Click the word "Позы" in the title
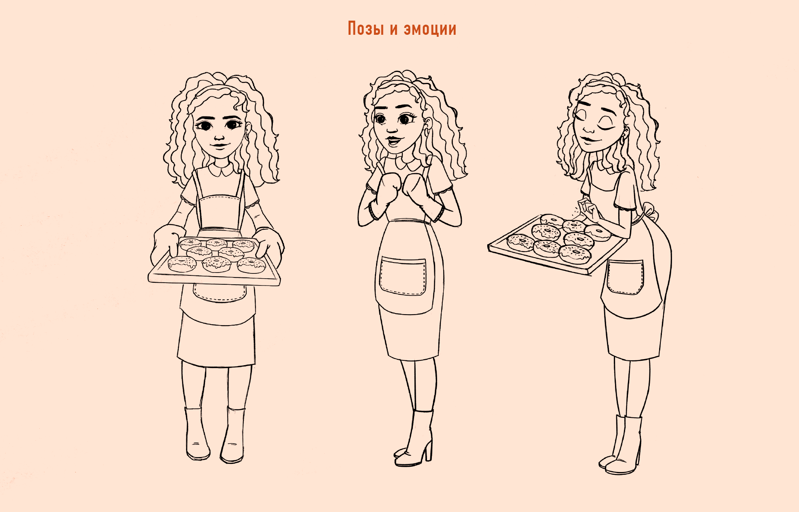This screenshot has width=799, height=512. (x=366, y=29)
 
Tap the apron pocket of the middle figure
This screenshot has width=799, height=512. (x=403, y=276)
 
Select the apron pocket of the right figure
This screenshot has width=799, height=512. (x=625, y=277)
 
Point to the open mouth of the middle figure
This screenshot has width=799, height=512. (x=393, y=141)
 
